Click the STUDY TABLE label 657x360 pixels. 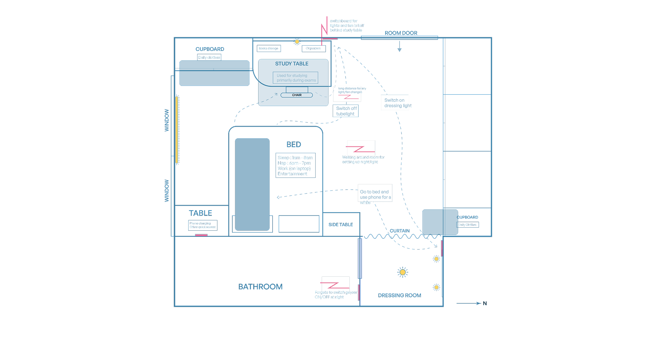tap(292, 64)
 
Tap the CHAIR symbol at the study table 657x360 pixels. tap(297, 95)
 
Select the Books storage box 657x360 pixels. tap(268, 49)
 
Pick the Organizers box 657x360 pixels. tap(313, 49)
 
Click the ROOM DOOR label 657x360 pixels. tap(401, 33)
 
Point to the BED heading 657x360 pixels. tap(294, 144)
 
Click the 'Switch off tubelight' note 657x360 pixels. tap(346, 111)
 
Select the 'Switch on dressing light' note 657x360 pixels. tap(395, 103)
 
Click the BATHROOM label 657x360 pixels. tap(260, 287)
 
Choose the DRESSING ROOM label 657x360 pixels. tap(400, 295)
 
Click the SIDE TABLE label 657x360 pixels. tap(341, 225)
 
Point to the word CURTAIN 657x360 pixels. tap(400, 231)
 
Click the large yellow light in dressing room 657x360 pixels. tap(403, 272)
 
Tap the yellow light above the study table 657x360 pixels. tap(297, 42)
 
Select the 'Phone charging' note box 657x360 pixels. tap(203, 225)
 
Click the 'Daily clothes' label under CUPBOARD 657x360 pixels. tap(209, 58)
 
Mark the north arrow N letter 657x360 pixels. tap(485, 303)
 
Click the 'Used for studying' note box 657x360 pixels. tap(295, 78)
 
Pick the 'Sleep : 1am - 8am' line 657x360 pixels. tap(295, 158)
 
